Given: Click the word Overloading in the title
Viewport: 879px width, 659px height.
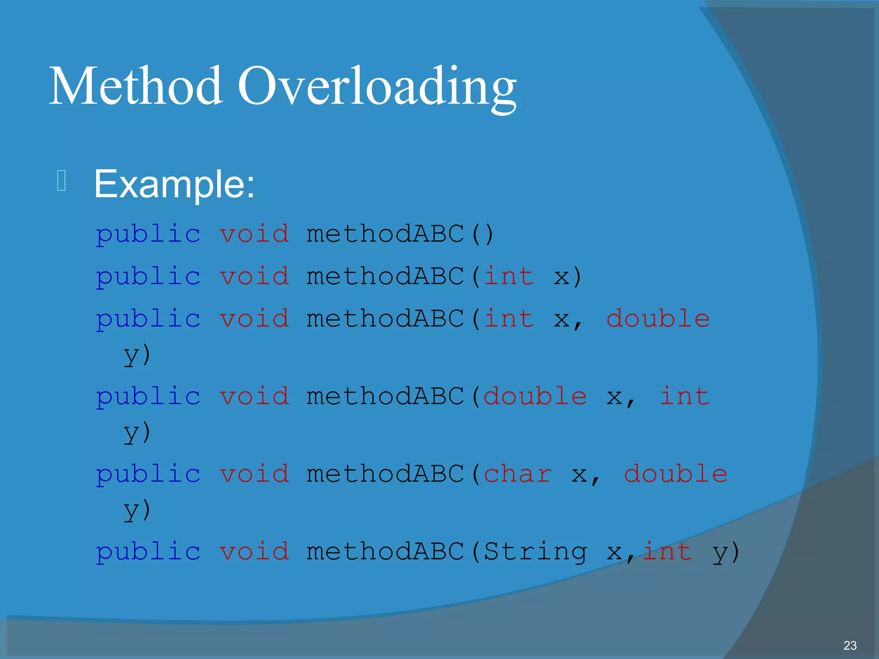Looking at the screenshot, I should (x=377, y=88).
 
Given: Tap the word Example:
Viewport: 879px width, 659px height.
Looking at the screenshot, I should (x=174, y=184).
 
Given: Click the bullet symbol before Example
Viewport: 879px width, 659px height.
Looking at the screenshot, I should (x=61, y=181).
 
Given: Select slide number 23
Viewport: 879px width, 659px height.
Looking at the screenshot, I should (x=849, y=645).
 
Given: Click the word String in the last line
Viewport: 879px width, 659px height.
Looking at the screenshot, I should (x=535, y=552).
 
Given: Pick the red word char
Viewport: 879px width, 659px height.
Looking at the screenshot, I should (x=518, y=474).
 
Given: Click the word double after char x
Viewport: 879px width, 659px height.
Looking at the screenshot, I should (x=675, y=474).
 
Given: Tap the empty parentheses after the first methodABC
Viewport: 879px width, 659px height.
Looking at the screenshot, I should (x=482, y=234).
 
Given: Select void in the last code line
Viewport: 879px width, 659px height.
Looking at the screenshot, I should (x=254, y=552).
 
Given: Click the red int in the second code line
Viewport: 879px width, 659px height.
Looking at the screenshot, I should (x=509, y=276).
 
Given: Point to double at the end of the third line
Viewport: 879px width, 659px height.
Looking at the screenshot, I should (x=658, y=319).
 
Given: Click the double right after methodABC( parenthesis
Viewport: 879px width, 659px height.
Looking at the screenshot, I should (x=535, y=396).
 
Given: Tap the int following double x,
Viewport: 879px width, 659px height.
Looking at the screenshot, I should (x=684, y=396).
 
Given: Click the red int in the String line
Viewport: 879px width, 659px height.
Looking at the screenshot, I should (x=667, y=552).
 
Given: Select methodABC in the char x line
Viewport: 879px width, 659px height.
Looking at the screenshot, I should (x=385, y=474).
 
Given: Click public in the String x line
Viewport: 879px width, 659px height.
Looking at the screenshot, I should (x=148, y=553).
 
